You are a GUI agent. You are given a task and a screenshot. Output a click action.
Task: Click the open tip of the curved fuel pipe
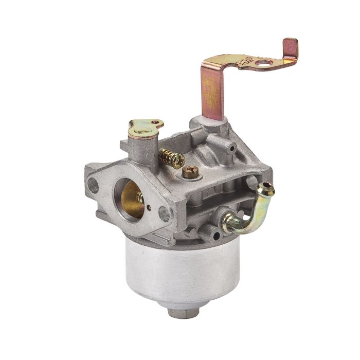pyautogui.click(x=268, y=188)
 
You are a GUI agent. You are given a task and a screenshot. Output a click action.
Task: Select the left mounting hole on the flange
pyautogui.click(x=93, y=186)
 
